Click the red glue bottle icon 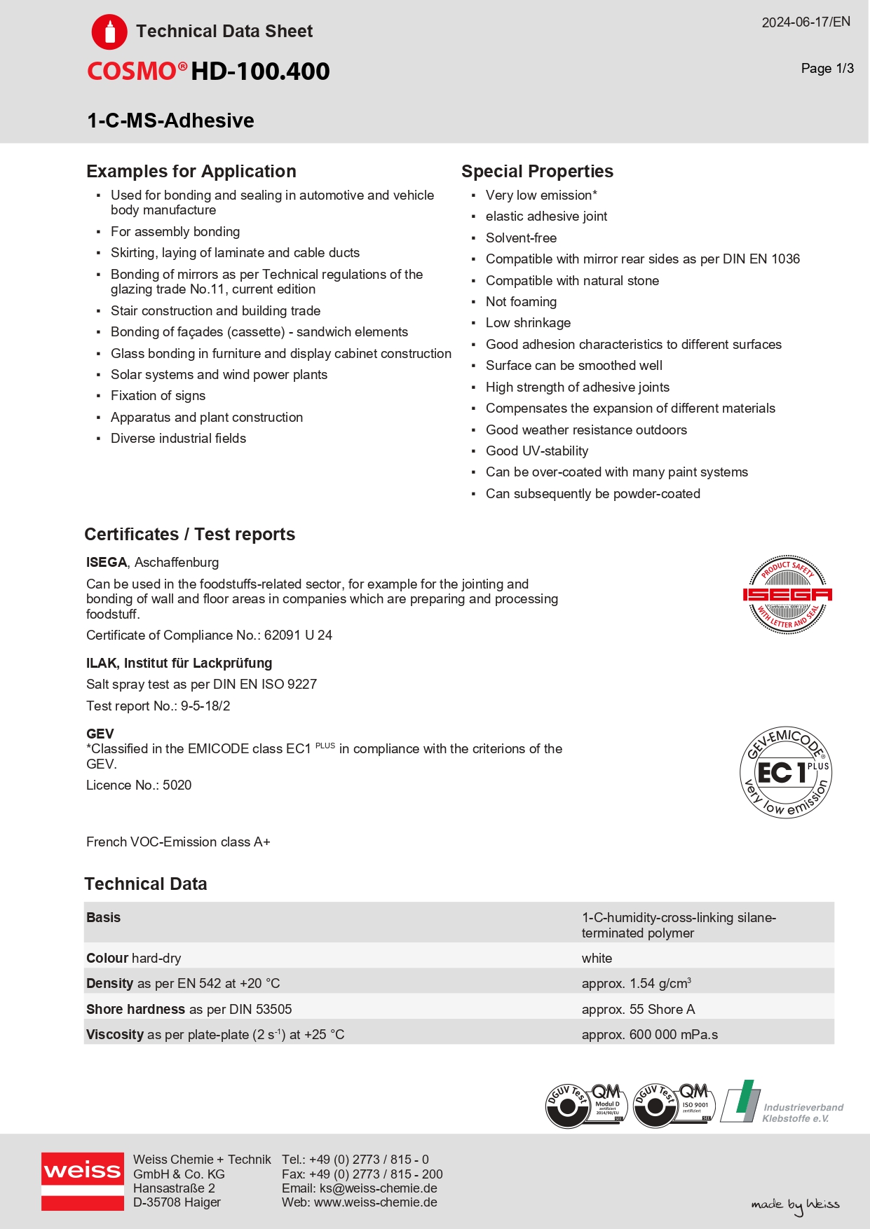tap(109, 32)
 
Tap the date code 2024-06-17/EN tap(806, 22)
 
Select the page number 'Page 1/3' tap(827, 69)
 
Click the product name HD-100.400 tap(260, 71)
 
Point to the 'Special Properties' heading tap(537, 172)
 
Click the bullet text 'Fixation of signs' tap(158, 396)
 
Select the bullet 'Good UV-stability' tap(537, 451)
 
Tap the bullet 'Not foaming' tap(521, 302)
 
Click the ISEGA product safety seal tap(787, 595)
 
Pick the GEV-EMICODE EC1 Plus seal tap(786, 772)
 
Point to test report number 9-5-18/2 tap(205, 706)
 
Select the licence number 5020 tap(177, 785)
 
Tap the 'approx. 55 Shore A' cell tap(638, 1010)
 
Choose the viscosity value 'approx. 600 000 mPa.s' tap(649, 1035)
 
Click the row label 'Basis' tap(104, 918)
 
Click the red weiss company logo tap(83, 1181)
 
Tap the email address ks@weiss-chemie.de tap(378, 1188)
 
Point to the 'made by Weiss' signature tap(795, 1204)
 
